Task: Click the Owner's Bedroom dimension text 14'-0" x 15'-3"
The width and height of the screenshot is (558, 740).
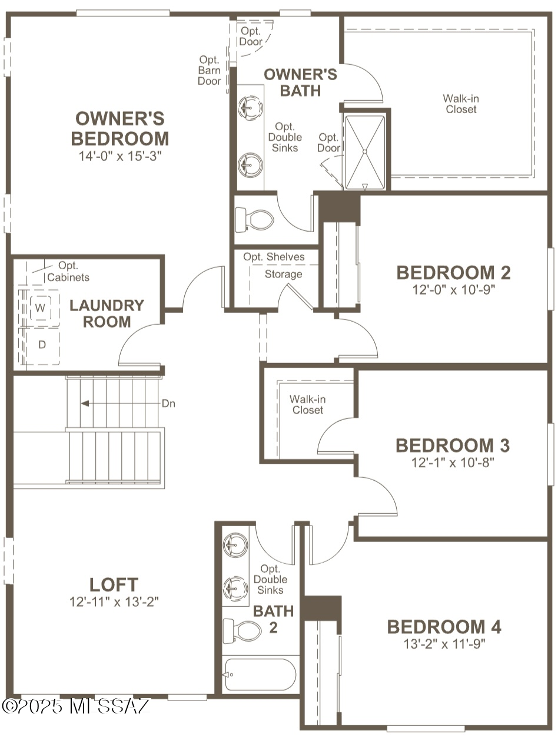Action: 119,156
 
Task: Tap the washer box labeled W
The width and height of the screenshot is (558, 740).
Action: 41,308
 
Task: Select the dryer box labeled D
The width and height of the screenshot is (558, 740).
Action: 42,345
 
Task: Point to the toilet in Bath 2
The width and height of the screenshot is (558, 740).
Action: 243,630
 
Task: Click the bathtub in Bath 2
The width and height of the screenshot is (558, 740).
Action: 260,674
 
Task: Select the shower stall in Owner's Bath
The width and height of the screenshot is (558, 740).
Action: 364,151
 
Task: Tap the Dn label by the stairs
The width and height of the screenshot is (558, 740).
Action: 168,404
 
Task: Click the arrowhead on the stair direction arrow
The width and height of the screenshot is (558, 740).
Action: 85,404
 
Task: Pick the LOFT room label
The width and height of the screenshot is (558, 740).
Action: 114,584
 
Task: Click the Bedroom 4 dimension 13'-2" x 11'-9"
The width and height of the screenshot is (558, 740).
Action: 444,643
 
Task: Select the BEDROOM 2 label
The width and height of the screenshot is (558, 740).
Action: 453,273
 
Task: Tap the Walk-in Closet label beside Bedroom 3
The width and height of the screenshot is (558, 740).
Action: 308,404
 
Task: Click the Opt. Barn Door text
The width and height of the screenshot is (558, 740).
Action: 209,70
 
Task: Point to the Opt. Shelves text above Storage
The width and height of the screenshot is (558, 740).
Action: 274,257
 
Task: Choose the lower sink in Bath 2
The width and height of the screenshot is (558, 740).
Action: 235,587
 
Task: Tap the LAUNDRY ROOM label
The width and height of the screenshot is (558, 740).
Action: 107,313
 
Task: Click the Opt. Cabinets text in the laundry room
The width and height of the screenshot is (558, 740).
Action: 68,272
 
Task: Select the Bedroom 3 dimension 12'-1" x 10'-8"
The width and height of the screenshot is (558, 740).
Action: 452,462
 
